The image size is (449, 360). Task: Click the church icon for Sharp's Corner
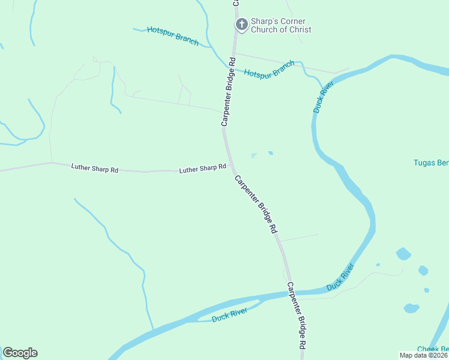tap(241, 25)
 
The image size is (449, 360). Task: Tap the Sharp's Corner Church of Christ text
tap(281, 26)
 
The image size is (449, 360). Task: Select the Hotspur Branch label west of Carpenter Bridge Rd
tap(173, 36)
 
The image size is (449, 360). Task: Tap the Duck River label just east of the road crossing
tap(340, 277)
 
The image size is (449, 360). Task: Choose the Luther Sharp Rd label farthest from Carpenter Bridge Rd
tap(94, 168)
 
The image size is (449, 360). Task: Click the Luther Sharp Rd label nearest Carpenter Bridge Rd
tap(202, 169)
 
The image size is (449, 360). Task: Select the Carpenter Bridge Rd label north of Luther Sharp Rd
tap(227, 91)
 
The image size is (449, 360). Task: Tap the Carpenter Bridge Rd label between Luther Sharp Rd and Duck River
tap(256, 204)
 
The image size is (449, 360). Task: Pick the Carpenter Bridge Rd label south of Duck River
tap(297, 316)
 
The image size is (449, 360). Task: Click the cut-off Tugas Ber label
tap(431, 163)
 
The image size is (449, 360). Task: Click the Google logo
tap(20, 352)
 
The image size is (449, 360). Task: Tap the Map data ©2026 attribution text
tap(423, 355)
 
